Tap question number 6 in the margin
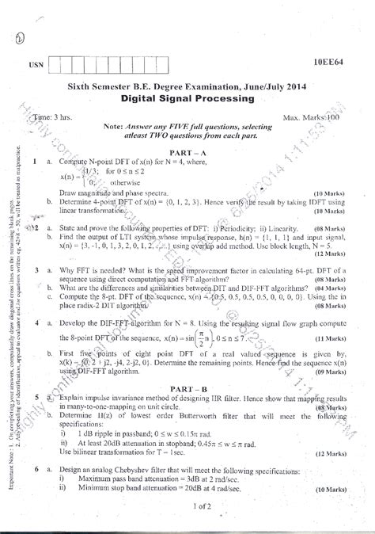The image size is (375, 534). (x=37, y=470)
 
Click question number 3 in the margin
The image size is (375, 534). (x=37, y=270)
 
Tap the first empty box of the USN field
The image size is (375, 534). (x=55, y=65)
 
